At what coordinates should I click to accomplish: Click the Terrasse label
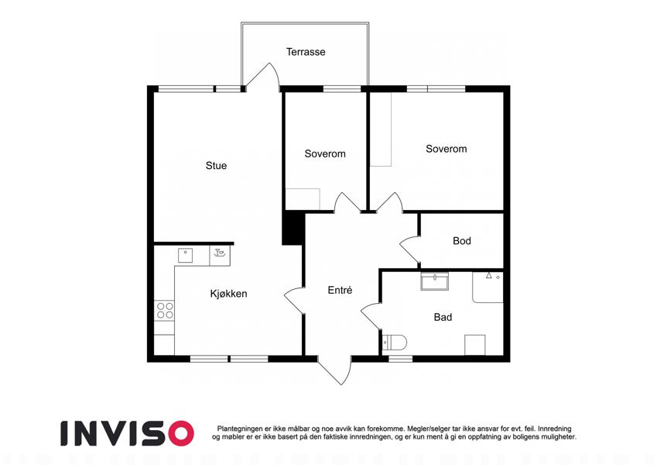pyautogui.click(x=306, y=52)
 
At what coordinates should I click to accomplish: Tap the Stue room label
pyautogui.click(x=216, y=166)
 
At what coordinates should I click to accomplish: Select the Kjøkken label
pyautogui.click(x=228, y=294)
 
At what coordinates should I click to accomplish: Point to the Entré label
pyautogui.click(x=340, y=290)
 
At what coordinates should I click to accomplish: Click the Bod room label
pyautogui.click(x=462, y=241)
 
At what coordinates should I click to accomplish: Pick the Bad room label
pyautogui.click(x=443, y=317)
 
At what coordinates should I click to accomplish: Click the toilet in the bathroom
pyautogui.click(x=395, y=343)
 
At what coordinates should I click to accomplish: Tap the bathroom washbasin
pyautogui.click(x=434, y=281)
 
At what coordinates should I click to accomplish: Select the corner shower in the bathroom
pyautogui.click(x=488, y=287)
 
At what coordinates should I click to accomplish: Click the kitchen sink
pyautogui.click(x=185, y=256)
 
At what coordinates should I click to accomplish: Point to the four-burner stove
pyautogui.click(x=164, y=311)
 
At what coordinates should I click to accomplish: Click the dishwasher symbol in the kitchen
pyautogui.click(x=220, y=256)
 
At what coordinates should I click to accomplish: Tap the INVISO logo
pyautogui.click(x=127, y=433)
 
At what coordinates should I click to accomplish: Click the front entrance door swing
pyautogui.click(x=334, y=370)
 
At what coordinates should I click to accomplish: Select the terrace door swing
pyautogui.click(x=263, y=76)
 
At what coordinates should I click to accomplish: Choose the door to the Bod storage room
pyautogui.click(x=410, y=250)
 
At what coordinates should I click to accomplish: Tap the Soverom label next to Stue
pyautogui.click(x=325, y=154)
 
